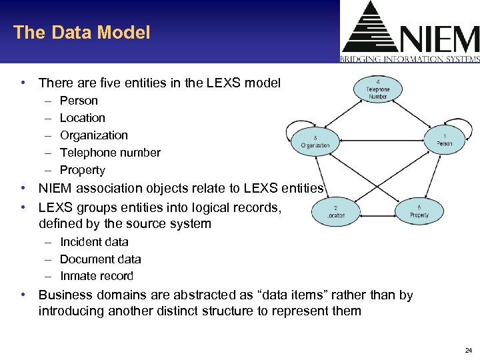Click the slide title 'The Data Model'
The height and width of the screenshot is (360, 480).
(x=81, y=32)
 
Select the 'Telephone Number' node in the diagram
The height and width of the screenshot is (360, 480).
(x=378, y=89)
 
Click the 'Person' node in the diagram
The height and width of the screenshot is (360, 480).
(x=445, y=139)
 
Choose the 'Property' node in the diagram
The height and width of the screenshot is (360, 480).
(x=419, y=211)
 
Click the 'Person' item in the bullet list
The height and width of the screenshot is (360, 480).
(x=79, y=101)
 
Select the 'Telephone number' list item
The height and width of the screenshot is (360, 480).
(x=110, y=153)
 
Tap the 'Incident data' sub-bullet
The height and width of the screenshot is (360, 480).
(x=94, y=242)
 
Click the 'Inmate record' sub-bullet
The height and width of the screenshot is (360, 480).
(x=97, y=276)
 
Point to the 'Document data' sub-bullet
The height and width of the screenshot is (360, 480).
(x=101, y=259)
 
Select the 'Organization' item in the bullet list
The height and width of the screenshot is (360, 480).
(x=93, y=135)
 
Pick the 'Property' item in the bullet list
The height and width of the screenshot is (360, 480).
(x=83, y=170)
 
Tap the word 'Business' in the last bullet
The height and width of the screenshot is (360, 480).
(x=65, y=295)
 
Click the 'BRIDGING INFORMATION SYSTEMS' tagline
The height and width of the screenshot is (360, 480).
(x=409, y=59)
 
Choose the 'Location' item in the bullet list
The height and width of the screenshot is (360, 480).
(x=83, y=118)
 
